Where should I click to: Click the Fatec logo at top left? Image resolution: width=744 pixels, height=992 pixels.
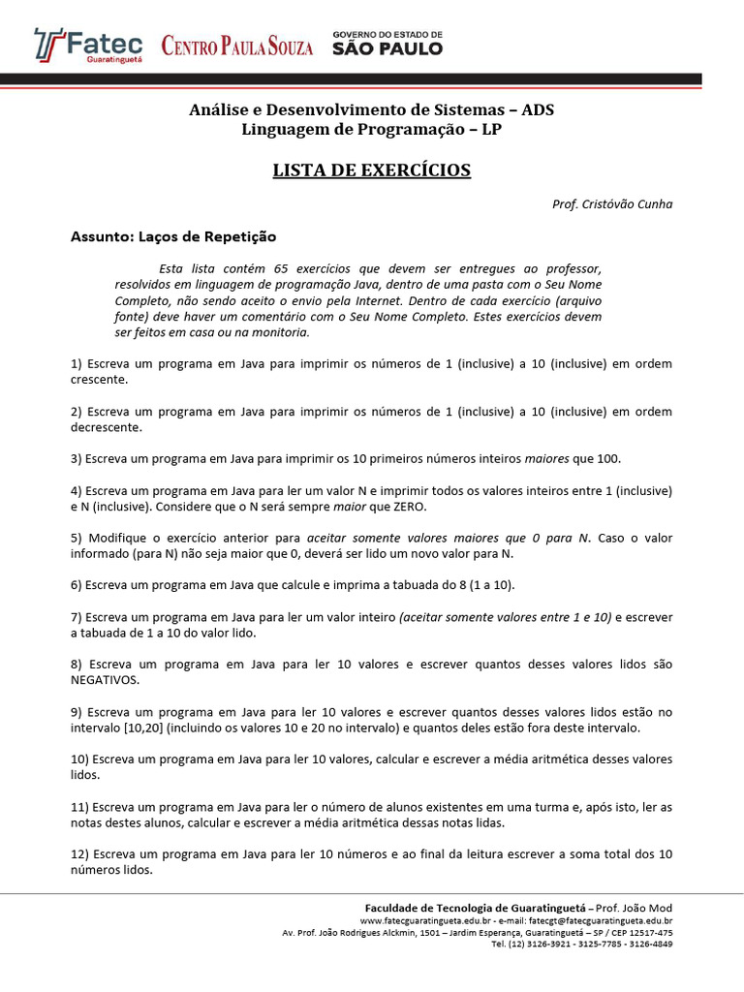point(88,45)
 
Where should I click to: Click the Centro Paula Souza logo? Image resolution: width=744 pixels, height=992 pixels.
point(237,46)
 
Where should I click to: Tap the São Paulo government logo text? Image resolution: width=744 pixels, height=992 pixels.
point(387,44)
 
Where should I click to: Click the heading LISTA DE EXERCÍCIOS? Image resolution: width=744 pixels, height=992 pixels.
point(371,170)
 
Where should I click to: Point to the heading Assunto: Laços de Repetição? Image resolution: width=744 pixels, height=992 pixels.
point(173,236)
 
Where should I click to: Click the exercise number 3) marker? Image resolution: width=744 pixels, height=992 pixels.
point(77,458)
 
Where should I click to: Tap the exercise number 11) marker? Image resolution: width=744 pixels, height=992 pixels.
point(80,807)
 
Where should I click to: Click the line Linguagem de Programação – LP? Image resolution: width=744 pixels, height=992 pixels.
point(371,130)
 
